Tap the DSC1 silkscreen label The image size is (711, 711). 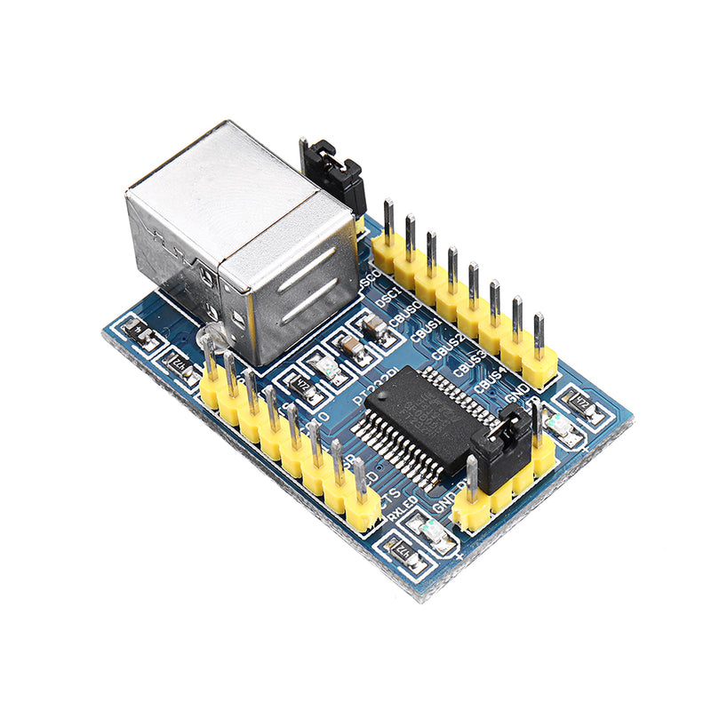tap(388, 300)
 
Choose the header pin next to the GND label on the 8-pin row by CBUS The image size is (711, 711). tap(539, 355)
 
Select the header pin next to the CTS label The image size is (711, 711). tap(360, 507)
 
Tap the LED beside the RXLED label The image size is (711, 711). tap(435, 531)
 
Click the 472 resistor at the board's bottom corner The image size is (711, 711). tap(405, 555)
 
